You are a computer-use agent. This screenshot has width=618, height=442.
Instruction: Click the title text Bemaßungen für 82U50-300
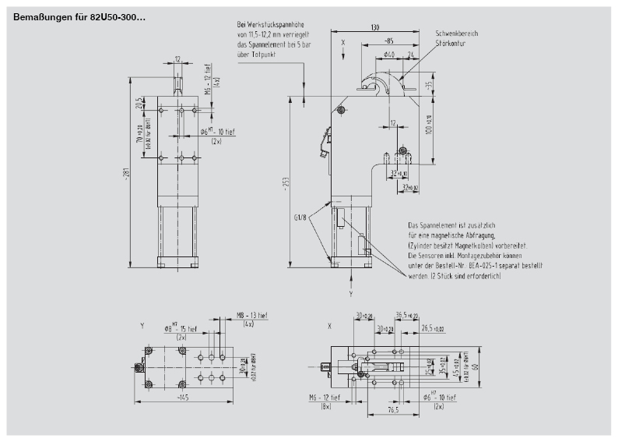(79, 16)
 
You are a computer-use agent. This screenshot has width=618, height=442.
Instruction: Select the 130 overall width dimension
(375, 28)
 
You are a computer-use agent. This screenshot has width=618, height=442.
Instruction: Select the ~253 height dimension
(289, 183)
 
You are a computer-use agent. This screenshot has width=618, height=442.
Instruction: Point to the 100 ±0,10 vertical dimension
(430, 122)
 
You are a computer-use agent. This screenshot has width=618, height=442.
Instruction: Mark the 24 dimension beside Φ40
(409, 54)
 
